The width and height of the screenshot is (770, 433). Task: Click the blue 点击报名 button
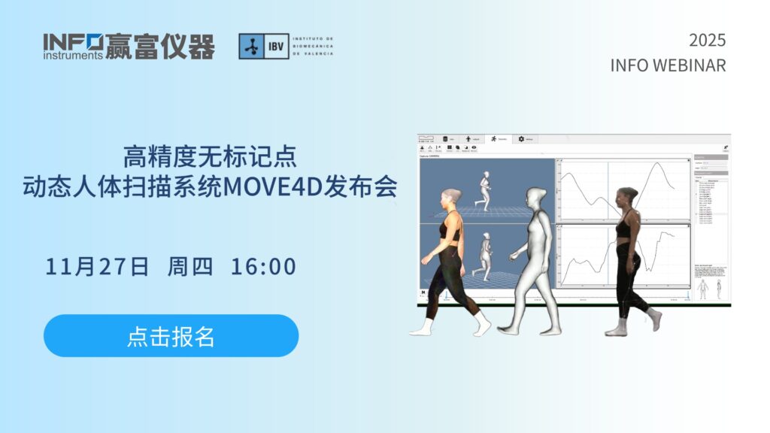coord(171,336)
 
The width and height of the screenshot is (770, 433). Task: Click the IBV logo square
coord(253,46)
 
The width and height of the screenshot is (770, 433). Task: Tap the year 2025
coord(707,41)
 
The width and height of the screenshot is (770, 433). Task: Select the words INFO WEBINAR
coord(668,65)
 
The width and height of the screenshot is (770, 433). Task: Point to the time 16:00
coord(263,267)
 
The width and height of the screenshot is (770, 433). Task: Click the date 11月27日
coord(97,267)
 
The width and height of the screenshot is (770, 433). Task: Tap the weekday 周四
coord(190,267)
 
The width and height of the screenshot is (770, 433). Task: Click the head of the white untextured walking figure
coord(536,198)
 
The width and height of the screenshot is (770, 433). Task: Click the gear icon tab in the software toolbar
coord(521,139)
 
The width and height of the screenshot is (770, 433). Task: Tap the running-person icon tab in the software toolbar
coord(493,139)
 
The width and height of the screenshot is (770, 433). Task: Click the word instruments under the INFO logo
coord(72,55)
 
